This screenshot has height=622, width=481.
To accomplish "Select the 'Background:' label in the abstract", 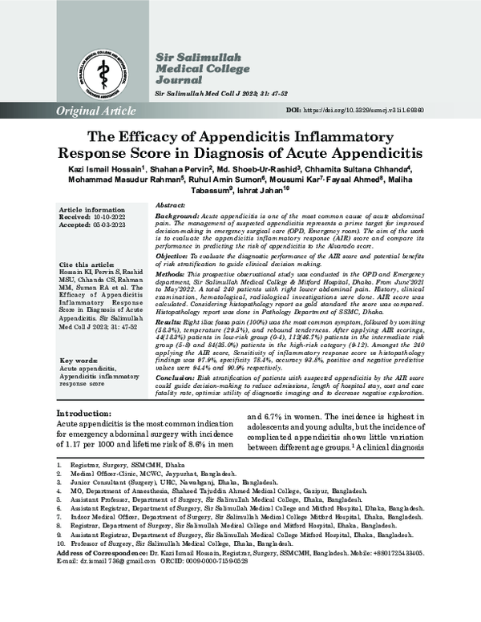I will point(175,217).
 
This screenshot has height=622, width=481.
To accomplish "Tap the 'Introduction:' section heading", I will point(82,413).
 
